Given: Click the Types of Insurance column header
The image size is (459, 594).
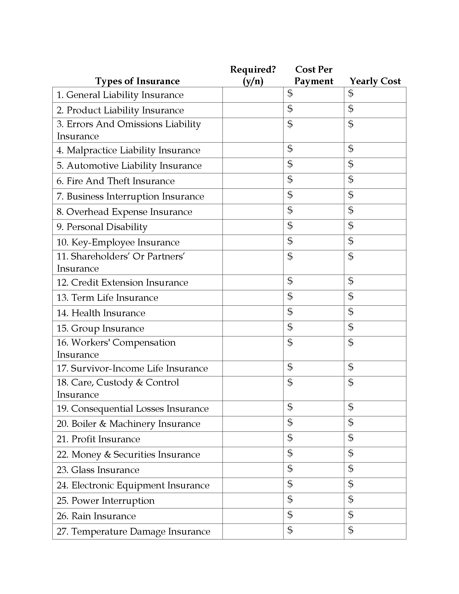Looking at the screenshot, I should [x=137, y=81].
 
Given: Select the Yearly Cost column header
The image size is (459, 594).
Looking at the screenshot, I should [x=375, y=81].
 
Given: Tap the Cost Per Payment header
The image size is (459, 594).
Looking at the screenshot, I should [x=313, y=75].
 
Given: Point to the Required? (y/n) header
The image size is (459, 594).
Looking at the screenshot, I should [x=253, y=75].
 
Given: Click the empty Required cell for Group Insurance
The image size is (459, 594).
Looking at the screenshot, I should [x=253, y=329].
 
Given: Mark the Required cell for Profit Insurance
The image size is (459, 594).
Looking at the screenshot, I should [x=253, y=439].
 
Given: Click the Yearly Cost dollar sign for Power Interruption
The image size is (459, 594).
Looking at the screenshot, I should [x=351, y=499].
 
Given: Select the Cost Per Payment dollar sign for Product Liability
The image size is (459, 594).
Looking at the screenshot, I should [x=290, y=109].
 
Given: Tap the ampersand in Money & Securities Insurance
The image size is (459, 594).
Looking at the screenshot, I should [x=107, y=454].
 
